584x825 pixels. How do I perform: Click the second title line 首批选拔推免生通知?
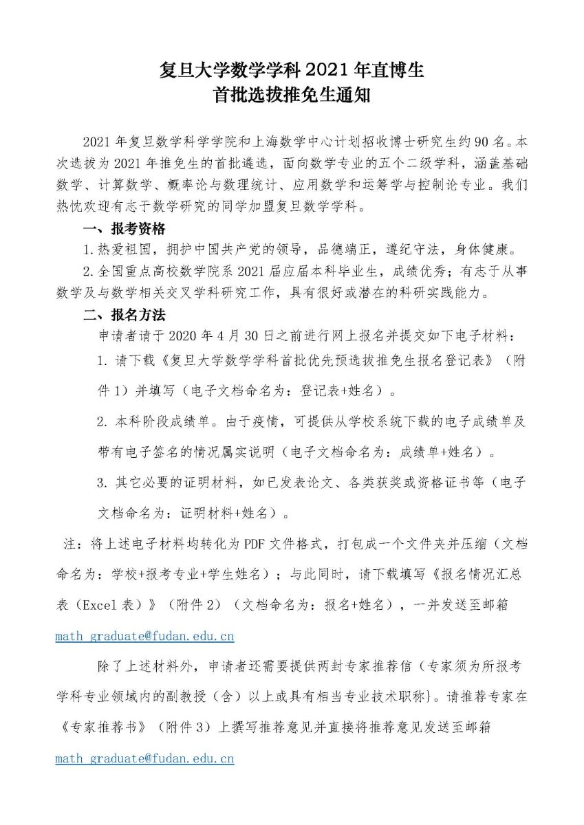tap(292, 96)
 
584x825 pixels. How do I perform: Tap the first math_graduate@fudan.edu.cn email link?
tap(144, 637)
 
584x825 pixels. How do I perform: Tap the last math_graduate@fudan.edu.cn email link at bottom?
tap(144, 759)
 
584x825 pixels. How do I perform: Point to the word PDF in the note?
tap(249, 544)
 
